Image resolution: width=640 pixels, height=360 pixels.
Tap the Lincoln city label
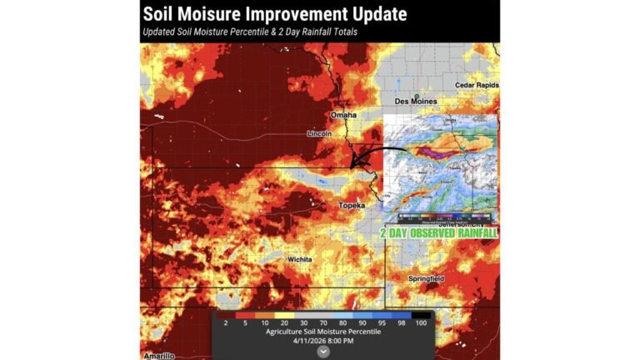(x=319, y=133)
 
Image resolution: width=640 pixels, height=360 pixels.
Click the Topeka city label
(x=352, y=205)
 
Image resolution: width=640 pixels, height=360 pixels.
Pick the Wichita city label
(x=299, y=260)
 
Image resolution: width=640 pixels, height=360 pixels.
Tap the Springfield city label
(x=426, y=277)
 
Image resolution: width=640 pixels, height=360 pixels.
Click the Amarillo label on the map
(x=158, y=355)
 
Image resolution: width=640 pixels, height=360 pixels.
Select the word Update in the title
(x=378, y=14)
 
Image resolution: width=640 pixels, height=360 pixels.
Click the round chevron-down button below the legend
(x=323, y=352)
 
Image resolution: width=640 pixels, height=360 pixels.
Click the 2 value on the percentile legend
(x=226, y=322)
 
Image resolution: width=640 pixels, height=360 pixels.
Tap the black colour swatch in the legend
(x=413, y=314)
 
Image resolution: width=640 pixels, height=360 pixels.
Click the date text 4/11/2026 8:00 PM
(x=322, y=340)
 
